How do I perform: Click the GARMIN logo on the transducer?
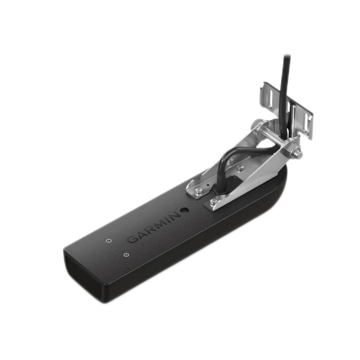153,227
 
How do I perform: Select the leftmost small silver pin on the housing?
108,241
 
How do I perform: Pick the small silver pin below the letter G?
126,255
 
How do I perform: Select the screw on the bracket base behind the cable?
240,168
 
